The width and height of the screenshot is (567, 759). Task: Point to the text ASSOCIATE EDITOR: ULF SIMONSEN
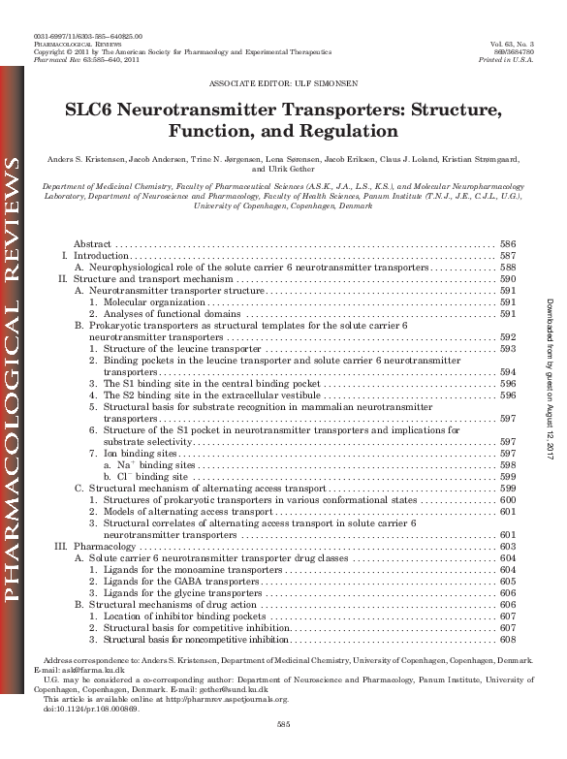click(283, 84)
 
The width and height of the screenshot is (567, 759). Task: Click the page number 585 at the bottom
click(283, 724)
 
